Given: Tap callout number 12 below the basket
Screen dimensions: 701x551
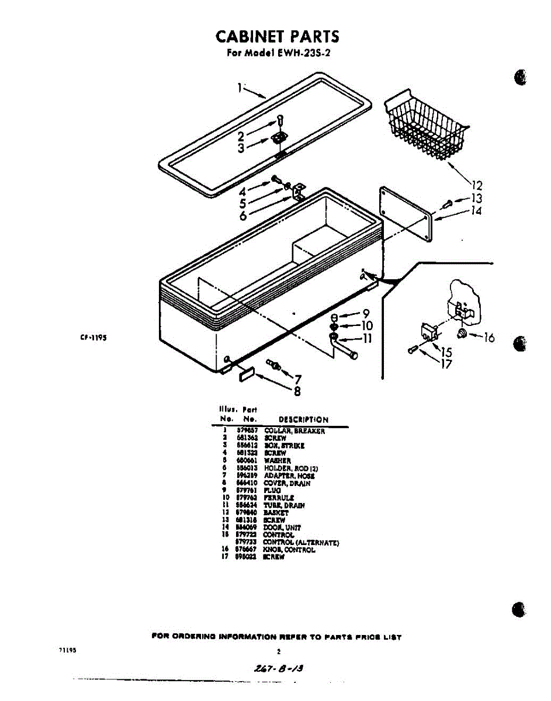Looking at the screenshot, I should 477,186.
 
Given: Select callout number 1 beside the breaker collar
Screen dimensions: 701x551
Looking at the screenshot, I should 240,88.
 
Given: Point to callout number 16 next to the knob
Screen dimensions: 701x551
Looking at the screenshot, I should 489,338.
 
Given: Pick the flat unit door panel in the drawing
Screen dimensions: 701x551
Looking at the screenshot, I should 406,214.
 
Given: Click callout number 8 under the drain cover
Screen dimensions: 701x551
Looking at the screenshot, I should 297,391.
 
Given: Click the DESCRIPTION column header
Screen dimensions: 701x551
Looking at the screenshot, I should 303,419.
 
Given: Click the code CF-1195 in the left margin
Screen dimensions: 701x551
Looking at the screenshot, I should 92,337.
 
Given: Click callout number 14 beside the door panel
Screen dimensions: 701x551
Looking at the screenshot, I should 477,210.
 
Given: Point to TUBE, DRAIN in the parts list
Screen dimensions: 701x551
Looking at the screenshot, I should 284,505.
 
